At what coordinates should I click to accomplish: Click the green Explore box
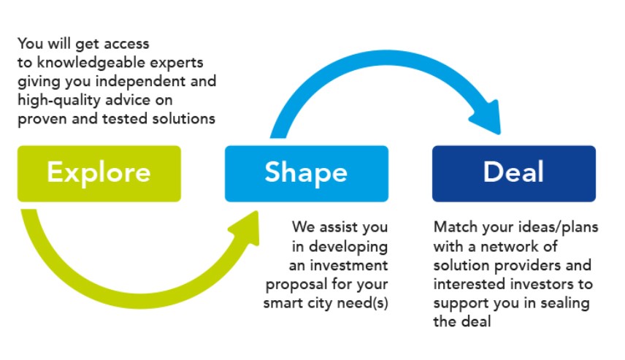click(99, 173)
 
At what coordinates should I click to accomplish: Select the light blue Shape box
click(307, 173)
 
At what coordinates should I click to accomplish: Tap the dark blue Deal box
click(514, 173)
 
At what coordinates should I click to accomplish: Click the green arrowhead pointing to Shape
click(246, 228)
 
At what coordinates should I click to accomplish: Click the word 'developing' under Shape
click(348, 247)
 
